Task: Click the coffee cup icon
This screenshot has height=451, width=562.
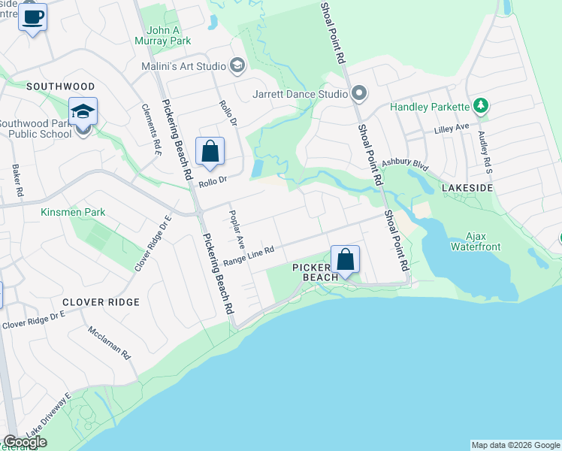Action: (x=32, y=16)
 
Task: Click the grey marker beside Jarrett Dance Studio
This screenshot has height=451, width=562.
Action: (x=359, y=94)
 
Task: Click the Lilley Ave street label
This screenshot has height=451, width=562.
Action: (x=451, y=129)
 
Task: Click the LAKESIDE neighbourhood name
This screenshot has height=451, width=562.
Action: (x=467, y=186)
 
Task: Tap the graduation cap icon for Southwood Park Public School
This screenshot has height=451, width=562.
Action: (x=83, y=113)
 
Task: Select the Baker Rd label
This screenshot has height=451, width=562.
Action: (x=16, y=181)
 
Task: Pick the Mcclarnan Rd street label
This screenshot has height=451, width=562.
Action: (x=110, y=342)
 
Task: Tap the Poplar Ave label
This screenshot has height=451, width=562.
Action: (x=237, y=230)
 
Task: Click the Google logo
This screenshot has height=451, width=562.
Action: (x=25, y=442)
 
